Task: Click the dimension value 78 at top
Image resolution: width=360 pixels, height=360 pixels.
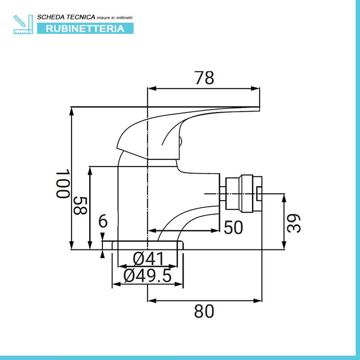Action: [x=204, y=78]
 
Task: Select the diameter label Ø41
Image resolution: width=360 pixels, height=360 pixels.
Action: [x=149, y=259]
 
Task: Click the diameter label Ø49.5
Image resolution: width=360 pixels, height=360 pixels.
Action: [x=148, y=276]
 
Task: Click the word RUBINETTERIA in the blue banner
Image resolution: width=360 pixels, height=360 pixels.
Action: [x=85, y=28]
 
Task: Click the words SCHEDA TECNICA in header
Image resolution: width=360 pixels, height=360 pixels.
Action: [x=65, y=17]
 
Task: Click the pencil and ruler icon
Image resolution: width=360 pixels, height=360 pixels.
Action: [x=23, y=24]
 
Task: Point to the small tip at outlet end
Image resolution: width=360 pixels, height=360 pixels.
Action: [x=259, y=194]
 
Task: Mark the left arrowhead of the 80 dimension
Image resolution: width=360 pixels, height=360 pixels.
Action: [x=151, y=300]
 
